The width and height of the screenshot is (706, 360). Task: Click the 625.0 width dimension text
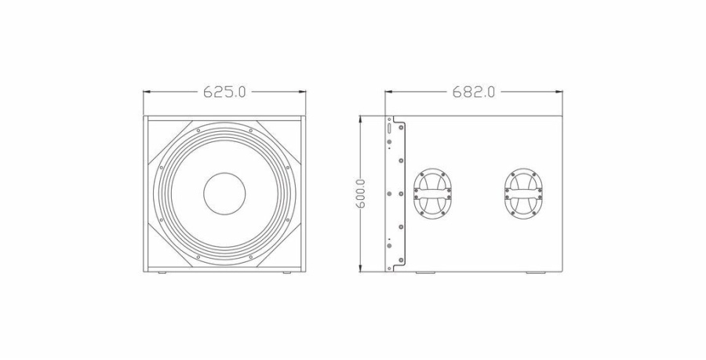coord(224,92)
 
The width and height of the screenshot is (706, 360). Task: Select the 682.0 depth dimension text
coord(473,92)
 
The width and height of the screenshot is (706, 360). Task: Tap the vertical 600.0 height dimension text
coord(361,194)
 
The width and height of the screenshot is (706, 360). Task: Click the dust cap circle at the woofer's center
coord(224,194)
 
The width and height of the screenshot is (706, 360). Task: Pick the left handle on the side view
coord(432,193)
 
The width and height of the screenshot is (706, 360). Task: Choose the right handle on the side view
coord(522,193)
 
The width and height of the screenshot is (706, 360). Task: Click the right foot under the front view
coord(287,273)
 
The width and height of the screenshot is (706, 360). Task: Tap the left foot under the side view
coord(424,273)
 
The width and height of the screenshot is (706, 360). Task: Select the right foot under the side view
coord(534,273)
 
